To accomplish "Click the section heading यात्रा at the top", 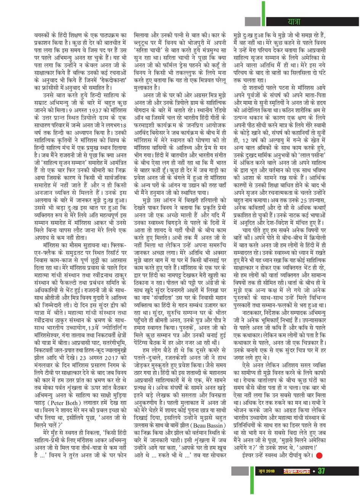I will click(294, 21).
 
